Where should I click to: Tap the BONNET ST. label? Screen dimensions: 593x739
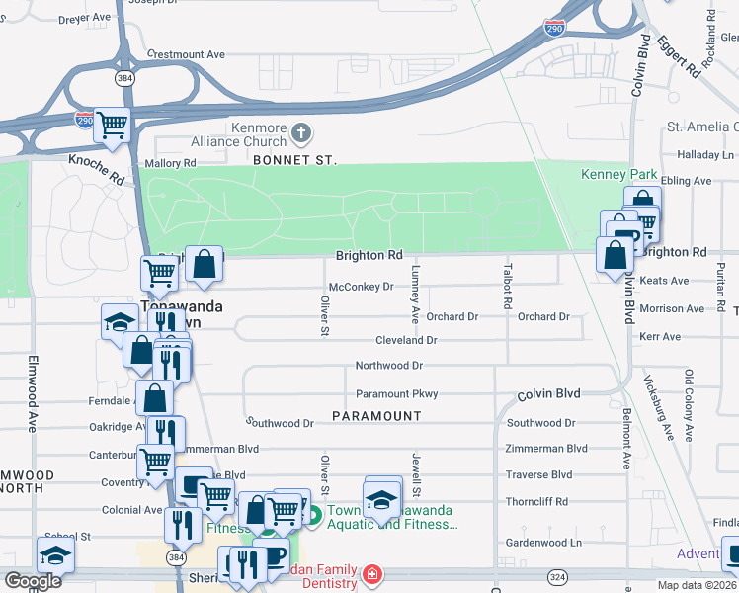(x=294, y=159)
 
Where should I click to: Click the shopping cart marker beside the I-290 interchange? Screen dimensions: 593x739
(x=113, y=125)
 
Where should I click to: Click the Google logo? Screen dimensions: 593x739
(x=33, y=581)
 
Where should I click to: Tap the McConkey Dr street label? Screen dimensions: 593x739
(x=361, y=287)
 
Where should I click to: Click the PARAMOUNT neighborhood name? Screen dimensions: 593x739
(x=376, y=416)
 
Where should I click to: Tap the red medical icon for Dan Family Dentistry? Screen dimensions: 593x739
(x=372, y=574)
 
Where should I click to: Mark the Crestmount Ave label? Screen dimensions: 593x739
(x=186, y=54)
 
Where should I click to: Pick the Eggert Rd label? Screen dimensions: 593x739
(x=687, y=56)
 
